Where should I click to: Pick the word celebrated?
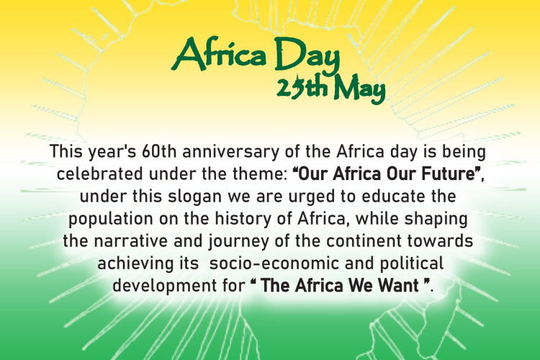94,174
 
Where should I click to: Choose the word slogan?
194,196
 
